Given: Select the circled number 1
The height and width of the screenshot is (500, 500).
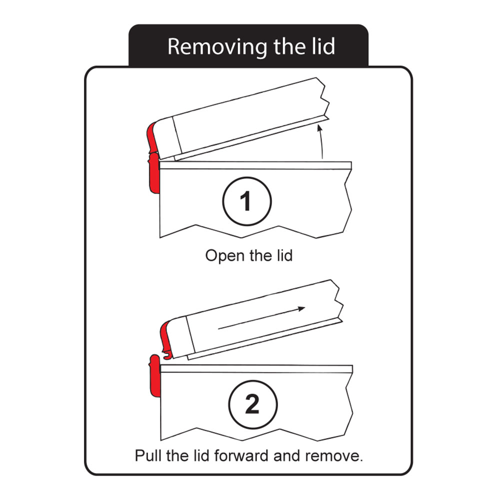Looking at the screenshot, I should [x=245, y=201].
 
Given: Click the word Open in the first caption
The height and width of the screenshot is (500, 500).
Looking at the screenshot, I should [x=222, y=255].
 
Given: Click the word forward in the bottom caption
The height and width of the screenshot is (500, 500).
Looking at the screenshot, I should [x=239, y=455].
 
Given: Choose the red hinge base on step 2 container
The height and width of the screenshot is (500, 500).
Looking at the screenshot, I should [x=155, y=374].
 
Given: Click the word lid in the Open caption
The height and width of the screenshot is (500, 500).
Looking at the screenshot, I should [x=283, y=255].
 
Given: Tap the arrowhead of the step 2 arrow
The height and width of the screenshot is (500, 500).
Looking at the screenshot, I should [x=301, y=308].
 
